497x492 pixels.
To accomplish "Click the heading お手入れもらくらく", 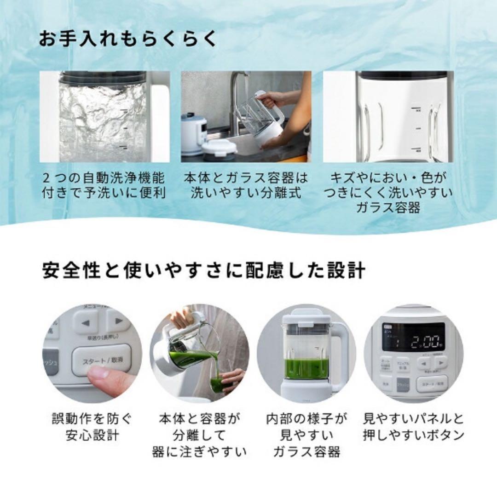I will tap(127, 40).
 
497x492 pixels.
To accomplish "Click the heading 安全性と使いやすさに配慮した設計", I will tap(204, 270).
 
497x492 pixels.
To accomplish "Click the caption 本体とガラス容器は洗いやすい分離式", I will tap(246, 185).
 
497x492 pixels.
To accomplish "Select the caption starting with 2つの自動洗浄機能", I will tap(104, 185).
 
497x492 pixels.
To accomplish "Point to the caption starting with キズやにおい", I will tap(387, 192).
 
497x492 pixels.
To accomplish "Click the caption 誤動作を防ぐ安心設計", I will tap(92, 426).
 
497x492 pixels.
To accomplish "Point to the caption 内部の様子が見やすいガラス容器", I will tap(306, 435).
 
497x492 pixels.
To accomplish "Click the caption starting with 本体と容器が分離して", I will tap(199, 435).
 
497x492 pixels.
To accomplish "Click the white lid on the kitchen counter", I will tap(219, 149).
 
